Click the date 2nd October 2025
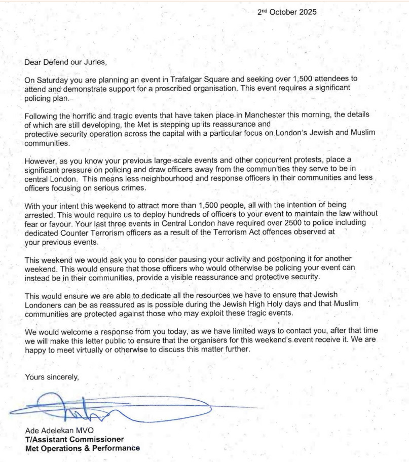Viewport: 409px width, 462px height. (287, 12)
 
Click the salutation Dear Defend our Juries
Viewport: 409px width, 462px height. (66, 63)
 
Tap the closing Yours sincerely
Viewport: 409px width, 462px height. (52, 376)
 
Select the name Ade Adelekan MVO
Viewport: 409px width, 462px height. (59, 431)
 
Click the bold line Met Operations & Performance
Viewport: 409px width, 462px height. (82, 448)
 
